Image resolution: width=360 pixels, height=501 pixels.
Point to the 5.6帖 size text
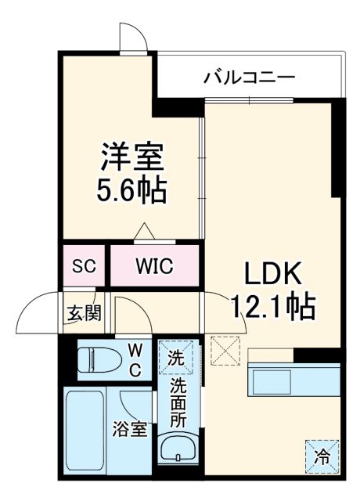131,190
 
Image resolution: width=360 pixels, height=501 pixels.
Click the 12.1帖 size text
272,306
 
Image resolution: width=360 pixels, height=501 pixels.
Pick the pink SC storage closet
83,265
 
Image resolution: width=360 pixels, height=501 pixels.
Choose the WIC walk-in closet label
153,266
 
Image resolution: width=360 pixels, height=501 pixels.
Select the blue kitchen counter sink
275,380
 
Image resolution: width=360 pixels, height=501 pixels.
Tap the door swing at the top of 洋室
131,37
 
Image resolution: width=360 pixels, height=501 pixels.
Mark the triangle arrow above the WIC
144,232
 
